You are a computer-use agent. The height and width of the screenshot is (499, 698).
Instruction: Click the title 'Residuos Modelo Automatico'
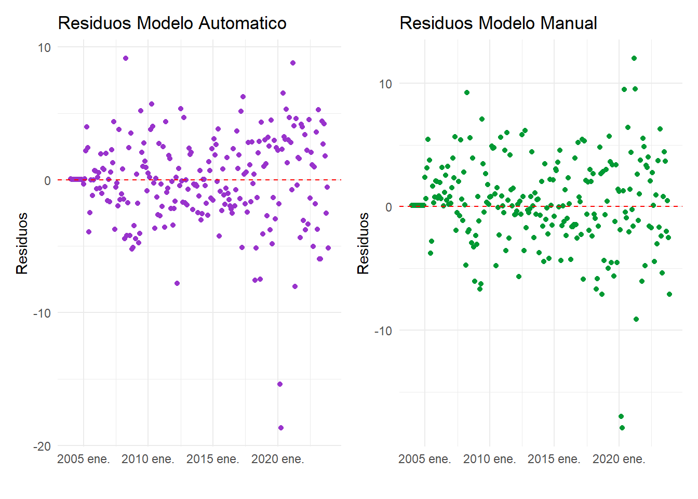click(172, 23)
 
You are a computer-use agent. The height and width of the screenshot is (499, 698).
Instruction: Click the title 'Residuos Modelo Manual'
click(498, 23)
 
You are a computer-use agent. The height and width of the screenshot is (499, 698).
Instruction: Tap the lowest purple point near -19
click(281, 428)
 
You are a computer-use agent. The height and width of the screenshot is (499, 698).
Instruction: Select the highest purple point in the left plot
click(126, 58)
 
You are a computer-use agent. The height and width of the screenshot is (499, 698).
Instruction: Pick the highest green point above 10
click(634, 58)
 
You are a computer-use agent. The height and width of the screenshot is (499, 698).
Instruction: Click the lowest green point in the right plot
click(622, 428)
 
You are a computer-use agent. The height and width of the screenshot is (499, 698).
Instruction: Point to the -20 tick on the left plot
click(42, 447)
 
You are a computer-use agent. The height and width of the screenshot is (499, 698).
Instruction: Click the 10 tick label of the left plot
click(44, 48)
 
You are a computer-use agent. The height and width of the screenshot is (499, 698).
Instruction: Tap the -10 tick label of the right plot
click(383, 331)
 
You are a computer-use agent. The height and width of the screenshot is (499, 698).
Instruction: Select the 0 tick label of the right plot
click(388, 207)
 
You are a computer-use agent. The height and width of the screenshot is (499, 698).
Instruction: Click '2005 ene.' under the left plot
click(84, 459)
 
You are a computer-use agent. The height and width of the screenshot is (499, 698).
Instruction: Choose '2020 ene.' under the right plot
click(619, 459)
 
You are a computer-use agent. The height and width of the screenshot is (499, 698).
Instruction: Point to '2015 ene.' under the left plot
click(213, 459)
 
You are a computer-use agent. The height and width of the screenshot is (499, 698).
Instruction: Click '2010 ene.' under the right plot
click(490, 459)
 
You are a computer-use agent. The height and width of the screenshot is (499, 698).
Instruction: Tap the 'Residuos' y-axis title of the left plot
click(22, 243)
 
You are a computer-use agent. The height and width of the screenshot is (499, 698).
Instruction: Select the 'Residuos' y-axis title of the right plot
click(363, 243)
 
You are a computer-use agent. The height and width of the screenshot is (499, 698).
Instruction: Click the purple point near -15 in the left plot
click(280, 384)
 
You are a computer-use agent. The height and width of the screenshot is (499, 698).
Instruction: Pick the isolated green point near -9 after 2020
click(636, 319)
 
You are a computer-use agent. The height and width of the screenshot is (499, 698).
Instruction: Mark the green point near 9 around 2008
click(467, 93)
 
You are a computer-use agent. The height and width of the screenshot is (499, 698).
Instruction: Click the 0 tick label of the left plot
click(47, 180)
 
